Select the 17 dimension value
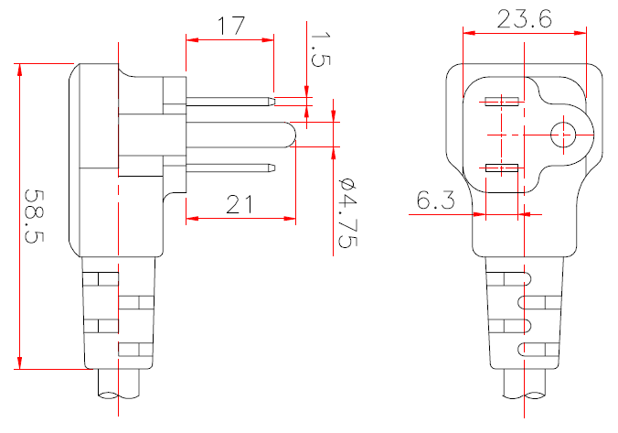point(229,24)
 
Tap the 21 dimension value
point(240,204)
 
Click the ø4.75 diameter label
point(346,212)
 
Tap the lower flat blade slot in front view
point(502,168)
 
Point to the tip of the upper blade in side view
point(272,97)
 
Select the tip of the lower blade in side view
point(272,168)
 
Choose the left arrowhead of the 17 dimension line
point(189,39)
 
